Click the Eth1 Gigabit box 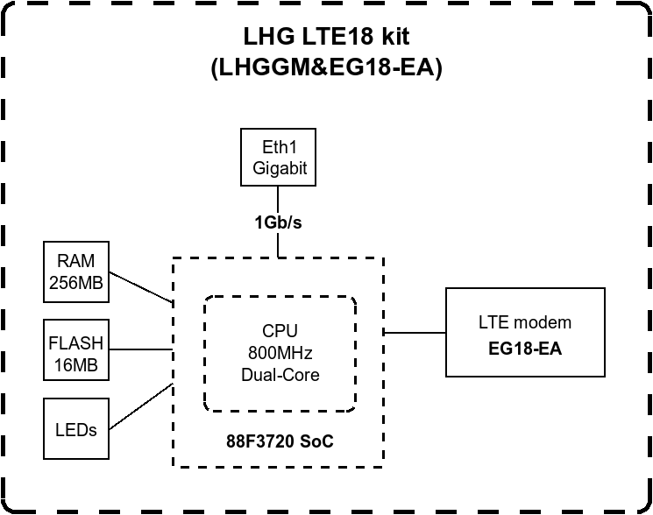pyautogui.click(x=280, y=158)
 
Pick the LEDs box pyautogui.click(x=76, y=429)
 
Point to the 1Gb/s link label pyautogui.click(x=279, y=222)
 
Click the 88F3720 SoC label pyautogui.click(x=280, y=442)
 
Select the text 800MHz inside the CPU pyautogui.click(x=280, y=353)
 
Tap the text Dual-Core pyautogui.click(x=280, y=374)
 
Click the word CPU pyautogui.click(x=280, y=331)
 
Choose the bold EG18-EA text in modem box pyautogui.click(x=525, y=349)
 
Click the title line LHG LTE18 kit pyautogui.click(x=326, y=37)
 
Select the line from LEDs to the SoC pyautogui.click(x=140, y=403)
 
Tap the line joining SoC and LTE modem pyautogui.click(x=415, y=332)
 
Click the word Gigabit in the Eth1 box pyautogui.click(x=280, y=168)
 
